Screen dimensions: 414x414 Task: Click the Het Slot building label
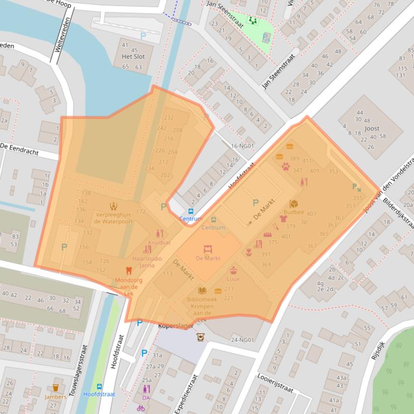pyautogui.click(x=129, y=56)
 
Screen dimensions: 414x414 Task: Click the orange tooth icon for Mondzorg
pyautogui.click(x=128, y=272)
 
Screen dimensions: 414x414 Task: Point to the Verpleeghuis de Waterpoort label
pyautogui.click(x=113, y=217)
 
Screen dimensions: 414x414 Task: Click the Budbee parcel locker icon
pyautogui.click(x=294, y=204)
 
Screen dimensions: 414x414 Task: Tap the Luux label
pyautogui.click(x=233, y=279)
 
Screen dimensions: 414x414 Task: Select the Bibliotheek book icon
pyautogui.click(x=202, y=290)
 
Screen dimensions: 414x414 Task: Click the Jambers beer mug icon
pyautogui.click(x=55, y=388)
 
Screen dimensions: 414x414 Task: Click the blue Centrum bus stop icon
pyautogui.click(x=190, y=211)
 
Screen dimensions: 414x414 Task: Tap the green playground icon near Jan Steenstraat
pyautogui.click(x=252, y=21)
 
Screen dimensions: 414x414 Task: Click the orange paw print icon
pyautogui.click(x=284, y=167)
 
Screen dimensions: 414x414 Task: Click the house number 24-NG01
pyautogui.click(x=242, y=340)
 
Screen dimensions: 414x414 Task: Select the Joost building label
pyautogui.click(x=372, y=129)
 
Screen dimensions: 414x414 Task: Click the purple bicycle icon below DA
pyautogui.click(x=141, y=408)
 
